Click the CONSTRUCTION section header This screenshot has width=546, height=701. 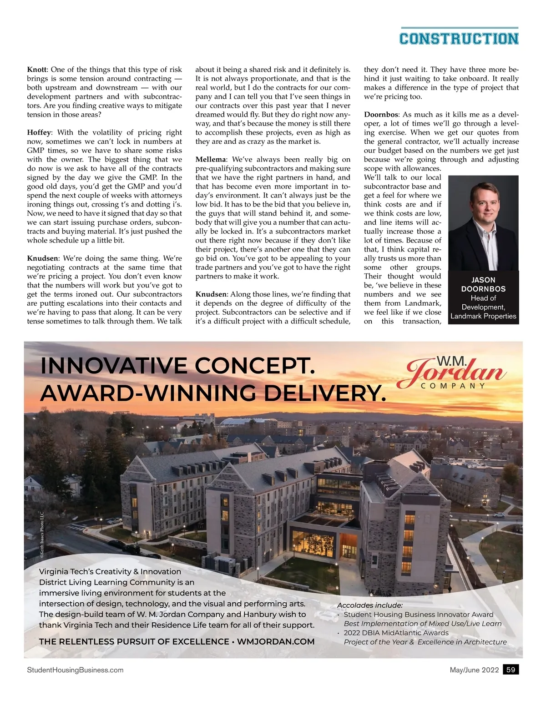click(x=459, y=38)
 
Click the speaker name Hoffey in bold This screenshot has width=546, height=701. click(x=39, y=132)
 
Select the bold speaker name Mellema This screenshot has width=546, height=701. click(x=210, y=160)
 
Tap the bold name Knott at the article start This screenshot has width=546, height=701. click(x=37, y=70)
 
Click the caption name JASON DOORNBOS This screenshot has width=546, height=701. click(x=483, y=284)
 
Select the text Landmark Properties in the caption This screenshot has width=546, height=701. click(x=483, y=316)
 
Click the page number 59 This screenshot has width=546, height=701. click(x=511, y=670)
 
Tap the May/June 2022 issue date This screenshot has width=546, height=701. click(x=474, y=670)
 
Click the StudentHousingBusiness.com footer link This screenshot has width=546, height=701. click(x=75, y=670)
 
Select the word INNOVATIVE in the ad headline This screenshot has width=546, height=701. click(x=113, y=366)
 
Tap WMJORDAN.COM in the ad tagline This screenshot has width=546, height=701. click(x=276, y=642)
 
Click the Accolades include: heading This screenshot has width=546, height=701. click(x=369, y=605)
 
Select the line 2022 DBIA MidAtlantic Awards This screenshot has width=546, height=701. click(x=396, y=633)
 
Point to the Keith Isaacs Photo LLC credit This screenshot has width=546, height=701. click(x=41, y=535)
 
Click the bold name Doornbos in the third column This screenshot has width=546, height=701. click(x=381, y=115)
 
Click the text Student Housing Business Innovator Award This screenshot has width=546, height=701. click(x=419, y=615)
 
